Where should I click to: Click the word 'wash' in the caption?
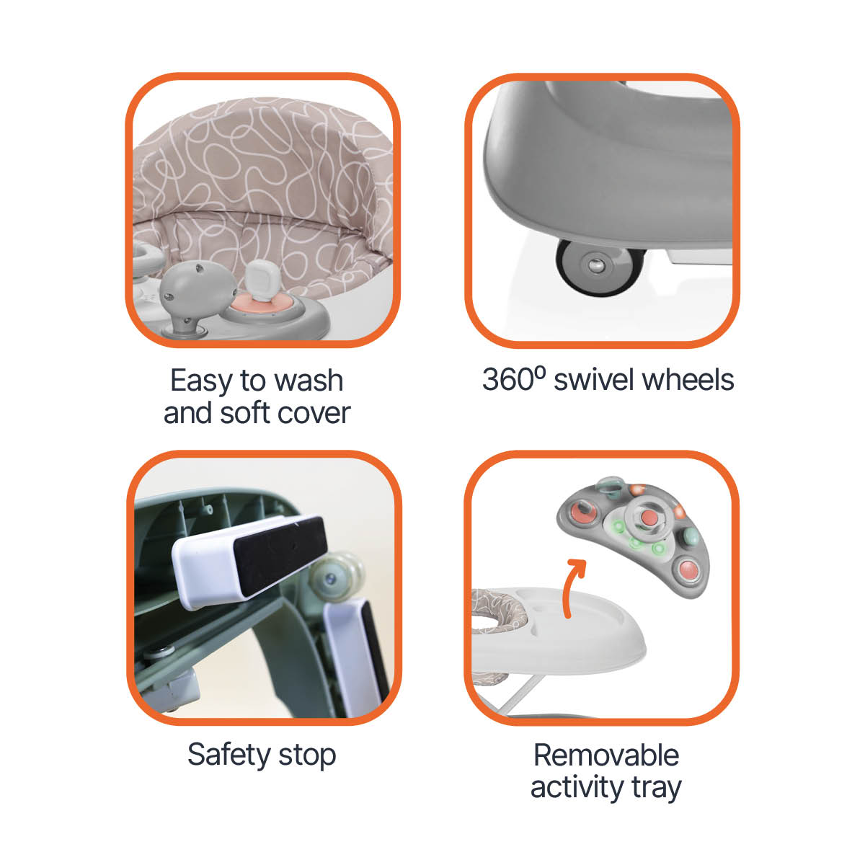click(x=309, y=381)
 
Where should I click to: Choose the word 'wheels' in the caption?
click(x=688, y=380)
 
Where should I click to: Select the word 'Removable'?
click(x=606, y=755)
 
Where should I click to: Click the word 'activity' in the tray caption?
click(x=577, y=789)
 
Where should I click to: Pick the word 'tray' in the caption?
click(x=657, y=790)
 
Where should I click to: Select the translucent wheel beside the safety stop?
click(x=336, y=577)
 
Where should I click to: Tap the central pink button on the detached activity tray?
click(x=648, y=518)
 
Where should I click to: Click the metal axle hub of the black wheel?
click(x=595, y=265)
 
